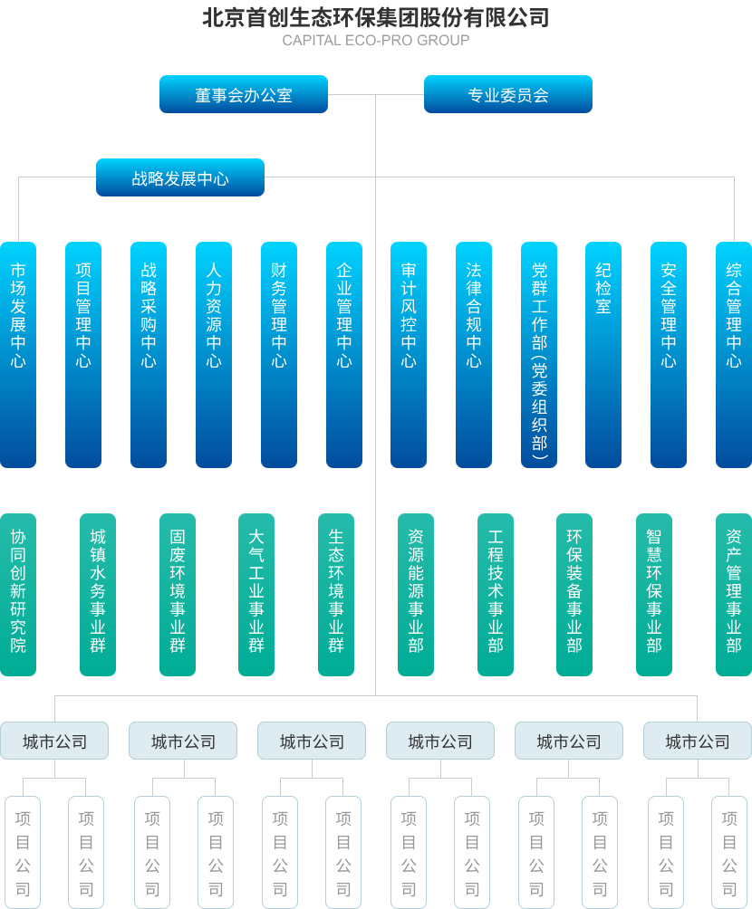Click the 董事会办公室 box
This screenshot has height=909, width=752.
tap(243, 94)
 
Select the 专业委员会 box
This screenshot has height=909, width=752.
tap(507, 94)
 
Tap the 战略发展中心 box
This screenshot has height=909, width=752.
tap(179, 177)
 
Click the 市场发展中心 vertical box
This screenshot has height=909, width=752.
tap(18, 354)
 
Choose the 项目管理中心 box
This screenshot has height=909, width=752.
tap(83, 354)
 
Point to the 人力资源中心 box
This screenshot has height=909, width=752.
tap(214, 354)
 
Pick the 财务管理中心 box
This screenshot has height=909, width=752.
tap(278, 354)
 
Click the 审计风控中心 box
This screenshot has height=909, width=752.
tap(409, 354)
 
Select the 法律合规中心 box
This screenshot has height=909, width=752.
tap(474, 354)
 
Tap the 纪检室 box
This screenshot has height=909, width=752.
tap(603, 354)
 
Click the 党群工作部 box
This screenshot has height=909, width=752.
tap(539, 354)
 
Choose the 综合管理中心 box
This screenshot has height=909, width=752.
tap(734, 354)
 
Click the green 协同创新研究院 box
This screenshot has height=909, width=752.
tap(18, 595)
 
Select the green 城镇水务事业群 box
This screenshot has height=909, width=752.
tap(98, 595)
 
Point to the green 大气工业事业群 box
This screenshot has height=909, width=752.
tap(256, 595)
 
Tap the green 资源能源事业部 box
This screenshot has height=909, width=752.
tap(416, 595)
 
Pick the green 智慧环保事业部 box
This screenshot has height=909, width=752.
tap(654, 595)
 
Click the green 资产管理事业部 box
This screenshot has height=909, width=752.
tap(734, 595)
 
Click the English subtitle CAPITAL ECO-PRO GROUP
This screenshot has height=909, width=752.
tap(375, 40)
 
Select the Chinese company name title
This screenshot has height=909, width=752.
tap(375, 17)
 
